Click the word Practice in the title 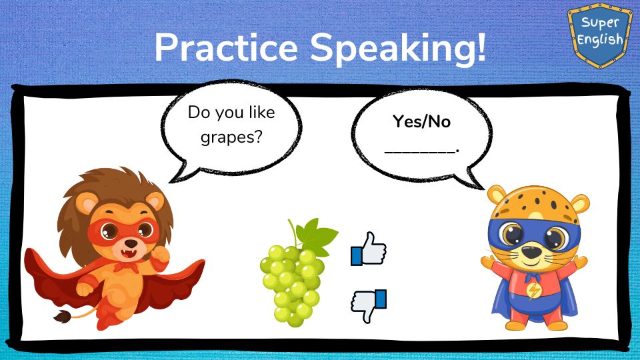226,47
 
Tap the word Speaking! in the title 399,49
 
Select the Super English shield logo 599,35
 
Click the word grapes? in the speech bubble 231,137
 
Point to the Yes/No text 421,121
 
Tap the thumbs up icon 369,249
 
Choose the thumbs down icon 369,306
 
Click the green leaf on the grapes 317,237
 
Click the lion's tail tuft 63,316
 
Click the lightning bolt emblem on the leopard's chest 533,291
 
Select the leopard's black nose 532,252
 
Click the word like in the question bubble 261,112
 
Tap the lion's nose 131,243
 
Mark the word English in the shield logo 600,40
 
